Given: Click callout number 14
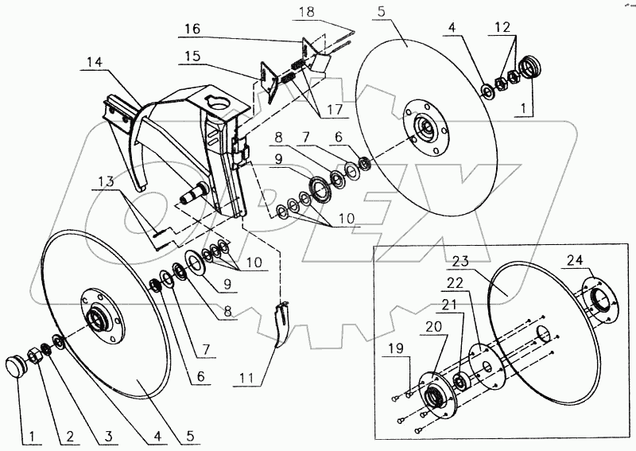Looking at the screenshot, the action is click(x=95, y=63).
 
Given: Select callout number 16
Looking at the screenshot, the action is click(x=192, y=29).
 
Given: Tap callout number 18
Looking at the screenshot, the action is click(x=306, y=11).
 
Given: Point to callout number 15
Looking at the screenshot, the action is click(x=192, y=56).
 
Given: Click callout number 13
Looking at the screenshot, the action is click(x=106, y=181).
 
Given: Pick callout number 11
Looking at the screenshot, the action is click(x=246, y=379).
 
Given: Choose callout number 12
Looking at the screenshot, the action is click(x=502, y=28).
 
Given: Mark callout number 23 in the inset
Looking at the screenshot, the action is click(x=460, y=261).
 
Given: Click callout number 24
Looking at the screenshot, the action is click(x=573, y=260).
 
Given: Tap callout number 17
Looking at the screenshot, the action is click(x=335, y=110).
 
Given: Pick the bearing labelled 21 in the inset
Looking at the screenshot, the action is click(x=462, y=381).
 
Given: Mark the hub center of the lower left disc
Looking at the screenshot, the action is click(x=98, y=317).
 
